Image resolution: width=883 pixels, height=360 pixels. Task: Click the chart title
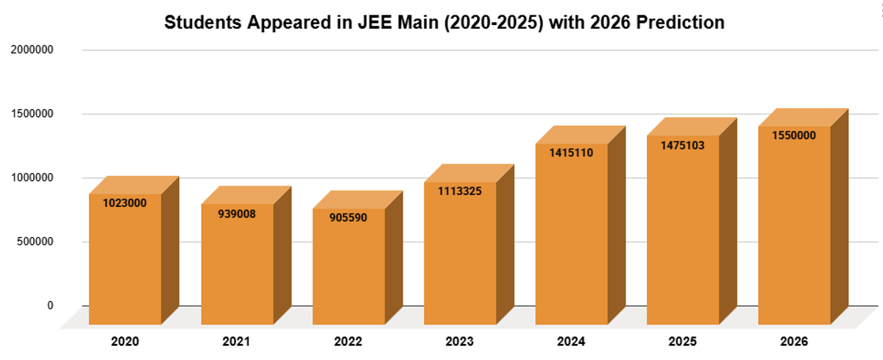pyautogui.click(x=444, y=23)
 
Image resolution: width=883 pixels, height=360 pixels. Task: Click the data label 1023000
pyautogui.click(x=125, y=202)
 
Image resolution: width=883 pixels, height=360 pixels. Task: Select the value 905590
pyautogui.click(x=349, y=218)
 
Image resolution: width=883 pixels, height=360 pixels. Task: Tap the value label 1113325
pyautogui.click(x=461, y=191)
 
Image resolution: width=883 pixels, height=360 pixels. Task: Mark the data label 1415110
pyautogui.click(x=572, y=152)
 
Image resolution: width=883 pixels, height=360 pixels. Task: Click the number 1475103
pyautogui.click(x=684, y=145)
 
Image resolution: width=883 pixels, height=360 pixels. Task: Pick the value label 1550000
pyautogui.click(x=794, y=135)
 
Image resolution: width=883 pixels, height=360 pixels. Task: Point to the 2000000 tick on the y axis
pyautogui.click(x=31, y=50)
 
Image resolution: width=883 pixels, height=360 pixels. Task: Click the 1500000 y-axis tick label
pyautogui.click(x=31, y=114)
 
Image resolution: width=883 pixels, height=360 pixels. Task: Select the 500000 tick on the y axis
pyautogui.click(x=34, y=241)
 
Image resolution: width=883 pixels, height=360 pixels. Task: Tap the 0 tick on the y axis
pyautogui.click(x=50, y=305)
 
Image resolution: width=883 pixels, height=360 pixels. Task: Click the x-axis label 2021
pyautogui.click(x=237, y=342)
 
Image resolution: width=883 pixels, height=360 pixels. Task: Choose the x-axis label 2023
pyautogui.click(x=460, y=342)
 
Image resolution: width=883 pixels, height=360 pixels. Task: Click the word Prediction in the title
pyautogui.click(x=681, y=23)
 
